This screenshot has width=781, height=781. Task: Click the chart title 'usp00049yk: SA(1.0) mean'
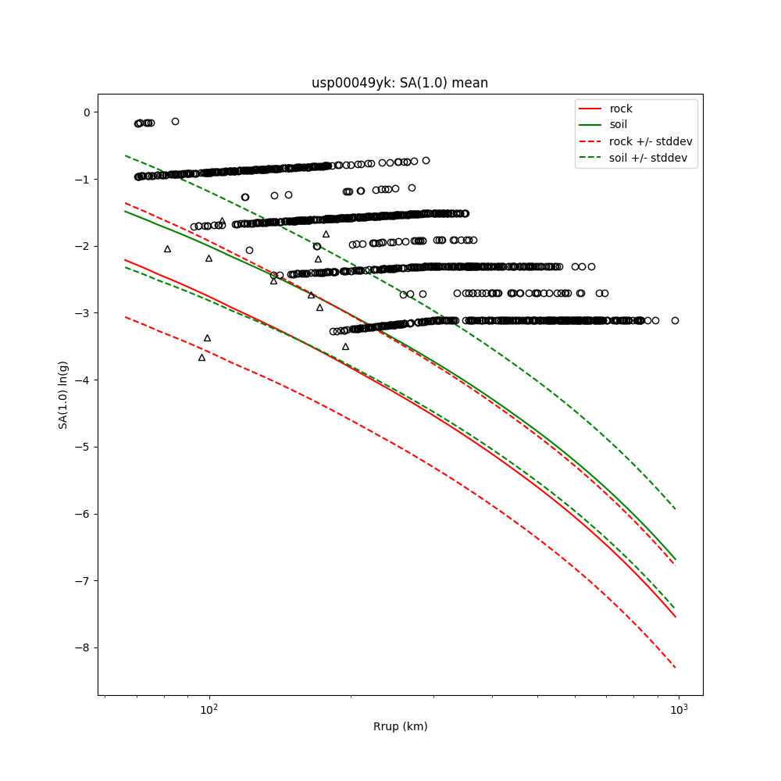point(400,83)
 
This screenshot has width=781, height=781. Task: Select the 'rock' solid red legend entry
point(621,109)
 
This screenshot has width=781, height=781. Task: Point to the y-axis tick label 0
point(86,112)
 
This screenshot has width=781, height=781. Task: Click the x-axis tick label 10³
point(679,709)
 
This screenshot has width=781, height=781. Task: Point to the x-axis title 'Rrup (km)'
point(400,727)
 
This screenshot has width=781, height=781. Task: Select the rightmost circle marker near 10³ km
point(675,320)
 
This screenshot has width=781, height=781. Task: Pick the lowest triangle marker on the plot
point(201,357)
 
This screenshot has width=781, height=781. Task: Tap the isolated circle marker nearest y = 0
point(175,121)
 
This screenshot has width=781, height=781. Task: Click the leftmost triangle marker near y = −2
point(167,248)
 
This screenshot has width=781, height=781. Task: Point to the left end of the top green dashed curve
point(126,155)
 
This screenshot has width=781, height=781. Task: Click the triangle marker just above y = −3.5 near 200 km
point(345,346)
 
